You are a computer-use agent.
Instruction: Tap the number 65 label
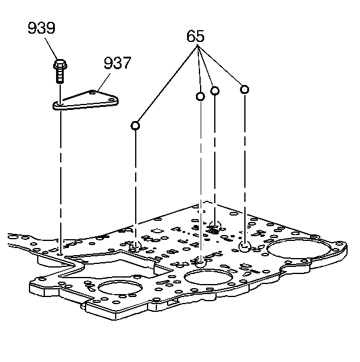point(195,36)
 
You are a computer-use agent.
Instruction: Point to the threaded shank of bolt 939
point(61,76)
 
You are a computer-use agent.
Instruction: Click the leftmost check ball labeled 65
point(136,125)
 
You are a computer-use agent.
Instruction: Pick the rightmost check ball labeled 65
point(244,89)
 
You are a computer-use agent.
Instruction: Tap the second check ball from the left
point(201,96)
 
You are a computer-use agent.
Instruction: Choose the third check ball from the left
point(215,90)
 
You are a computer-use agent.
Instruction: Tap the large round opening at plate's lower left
point(120,291)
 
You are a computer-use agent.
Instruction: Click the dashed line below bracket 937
point(61,177)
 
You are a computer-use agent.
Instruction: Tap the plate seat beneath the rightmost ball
point(244,246)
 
